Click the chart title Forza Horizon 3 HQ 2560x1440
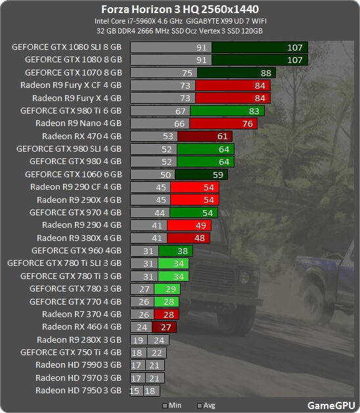point(179,9)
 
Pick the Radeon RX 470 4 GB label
point(81,136)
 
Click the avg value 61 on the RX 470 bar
point(223,137)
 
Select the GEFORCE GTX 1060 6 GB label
point(73,174)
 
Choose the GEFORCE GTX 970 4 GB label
point(76,212)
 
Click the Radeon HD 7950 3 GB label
point(78,390)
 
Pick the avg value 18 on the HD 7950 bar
point(150,391)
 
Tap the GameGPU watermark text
point(330,405)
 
